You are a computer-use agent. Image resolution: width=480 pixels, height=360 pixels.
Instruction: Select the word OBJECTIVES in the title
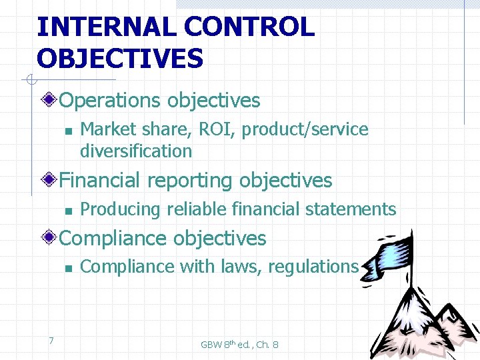pyautogui.click(x=120, y=58)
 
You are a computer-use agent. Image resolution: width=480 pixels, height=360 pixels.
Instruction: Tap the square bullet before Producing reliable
pyautogui.click(x=68, y=211)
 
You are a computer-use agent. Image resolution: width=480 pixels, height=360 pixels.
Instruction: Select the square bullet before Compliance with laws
pyautogui.click(x=68, y=268)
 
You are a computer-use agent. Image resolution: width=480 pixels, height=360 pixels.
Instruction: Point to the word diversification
pyautogui.click(x=136, y=151)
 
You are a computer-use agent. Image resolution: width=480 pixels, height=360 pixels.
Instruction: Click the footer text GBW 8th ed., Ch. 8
pyautogui.click(x=239, y=345)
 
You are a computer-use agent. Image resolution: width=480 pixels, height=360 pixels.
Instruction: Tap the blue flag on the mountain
pyautogui.click(x=400, y=252)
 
